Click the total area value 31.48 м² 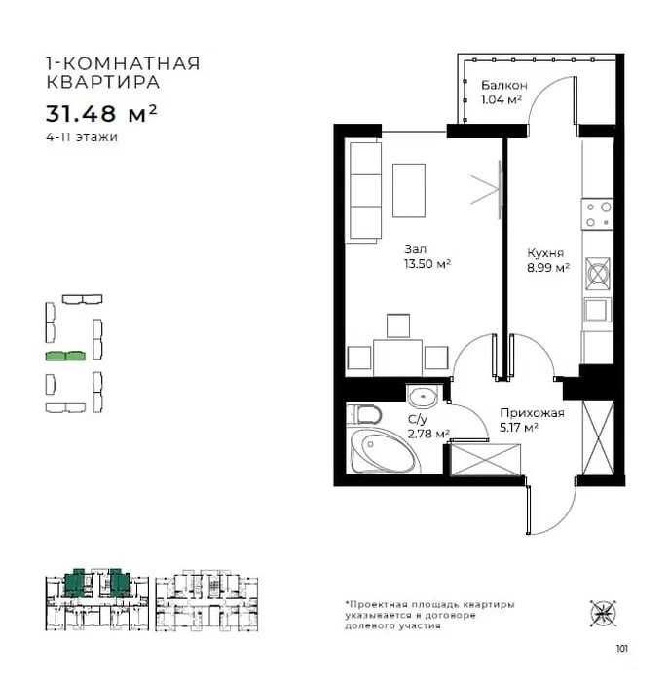101,114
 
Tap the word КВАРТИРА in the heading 103,82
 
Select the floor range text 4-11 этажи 82,137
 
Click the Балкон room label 504,85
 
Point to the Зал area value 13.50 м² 427,264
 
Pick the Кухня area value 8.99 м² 548,268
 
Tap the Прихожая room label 532,413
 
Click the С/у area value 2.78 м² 428,434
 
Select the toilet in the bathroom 364,414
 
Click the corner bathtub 384,450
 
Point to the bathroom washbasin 423,397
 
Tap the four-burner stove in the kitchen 597,214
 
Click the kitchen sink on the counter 598,310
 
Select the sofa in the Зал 364,192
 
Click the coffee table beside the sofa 409,191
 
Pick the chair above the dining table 398,325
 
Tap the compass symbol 604,613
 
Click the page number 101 621,649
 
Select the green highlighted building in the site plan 65,356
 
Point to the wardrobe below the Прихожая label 486,459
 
